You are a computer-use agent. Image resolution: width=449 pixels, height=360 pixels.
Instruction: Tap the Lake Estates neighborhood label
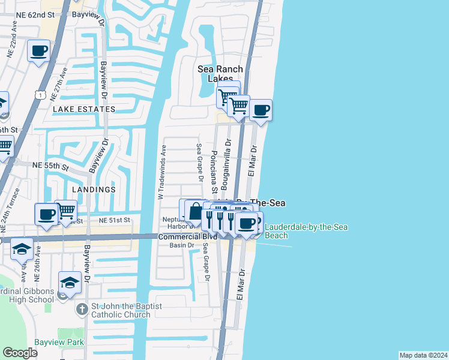[x=84, y=109]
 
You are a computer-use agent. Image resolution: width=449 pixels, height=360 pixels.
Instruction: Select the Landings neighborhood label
[x=94, y=190]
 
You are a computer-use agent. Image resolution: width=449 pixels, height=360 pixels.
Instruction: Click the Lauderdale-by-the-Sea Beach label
[x=306, y=231]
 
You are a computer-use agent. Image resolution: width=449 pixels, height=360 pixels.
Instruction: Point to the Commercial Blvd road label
[x=187, y=237]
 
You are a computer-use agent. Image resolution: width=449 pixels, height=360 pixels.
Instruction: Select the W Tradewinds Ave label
[x=161, y=172]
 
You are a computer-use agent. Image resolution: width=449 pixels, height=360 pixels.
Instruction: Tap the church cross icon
[x=83, y=309]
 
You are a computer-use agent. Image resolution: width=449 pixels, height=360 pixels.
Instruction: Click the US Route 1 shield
[x=40, y=95]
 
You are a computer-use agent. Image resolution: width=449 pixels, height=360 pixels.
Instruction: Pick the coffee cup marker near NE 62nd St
[x=38, y=51]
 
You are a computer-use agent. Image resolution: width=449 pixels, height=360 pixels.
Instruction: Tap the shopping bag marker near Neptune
[x=196, y=211]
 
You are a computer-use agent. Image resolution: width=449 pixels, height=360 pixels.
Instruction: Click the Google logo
[x=20, y=353]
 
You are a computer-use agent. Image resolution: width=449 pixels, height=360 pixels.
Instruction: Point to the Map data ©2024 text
[x=423, y=355]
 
